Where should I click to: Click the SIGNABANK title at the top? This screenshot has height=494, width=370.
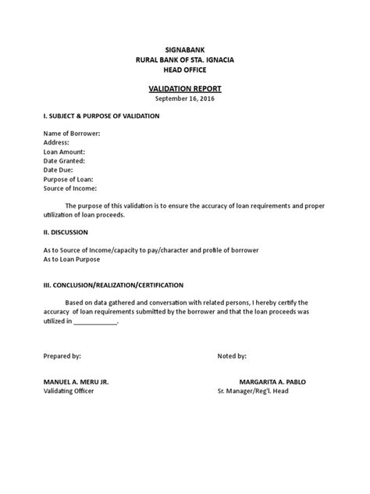(x=185, y=49)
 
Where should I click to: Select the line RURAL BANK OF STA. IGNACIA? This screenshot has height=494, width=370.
(x=185, y=60)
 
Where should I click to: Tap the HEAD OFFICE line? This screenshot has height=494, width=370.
(x=185, y=71)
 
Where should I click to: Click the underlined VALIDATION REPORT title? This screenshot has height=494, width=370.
(x=185, y=90)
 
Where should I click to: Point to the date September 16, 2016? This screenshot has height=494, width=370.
(x=185, y=100)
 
